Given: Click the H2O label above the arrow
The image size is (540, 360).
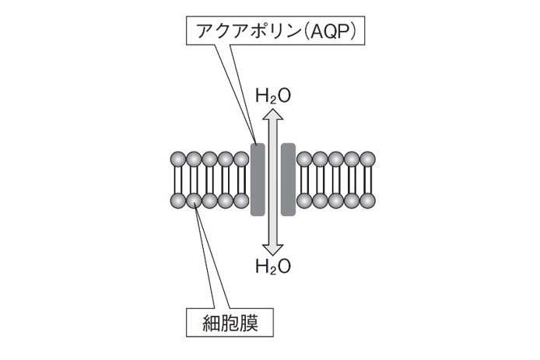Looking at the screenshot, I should [x=273, y=96].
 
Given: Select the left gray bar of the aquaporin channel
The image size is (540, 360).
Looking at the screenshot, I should [x=258, y=179].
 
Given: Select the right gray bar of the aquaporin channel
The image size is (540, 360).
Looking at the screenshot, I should [x=287, y=179].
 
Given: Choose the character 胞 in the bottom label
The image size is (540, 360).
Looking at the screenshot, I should [x=231, y=322].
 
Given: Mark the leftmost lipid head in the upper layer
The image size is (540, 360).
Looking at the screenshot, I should [x=178, y=159].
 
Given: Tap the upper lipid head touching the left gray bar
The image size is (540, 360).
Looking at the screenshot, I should [x=241, y=159].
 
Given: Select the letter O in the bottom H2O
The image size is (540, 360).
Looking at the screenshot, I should [x=284, y=267].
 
